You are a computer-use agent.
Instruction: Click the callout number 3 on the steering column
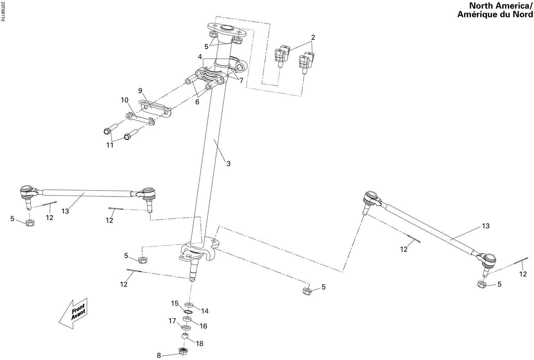tap(229, 164)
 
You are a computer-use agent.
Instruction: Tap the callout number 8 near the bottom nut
tap(159, 355)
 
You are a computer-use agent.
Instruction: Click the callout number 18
tap(199, 343)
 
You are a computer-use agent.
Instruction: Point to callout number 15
tap(174, 303)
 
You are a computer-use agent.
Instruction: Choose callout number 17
tap(172, 321)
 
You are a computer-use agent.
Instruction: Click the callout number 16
tap(203, 326)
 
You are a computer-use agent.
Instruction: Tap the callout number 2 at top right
tap(313, 37)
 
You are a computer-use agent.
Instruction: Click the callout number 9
tap(140, 90)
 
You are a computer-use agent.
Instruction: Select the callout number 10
tap(124, 100)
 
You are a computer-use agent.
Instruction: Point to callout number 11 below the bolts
tap(110, 145)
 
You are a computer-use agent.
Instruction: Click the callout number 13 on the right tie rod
tap(486, 226)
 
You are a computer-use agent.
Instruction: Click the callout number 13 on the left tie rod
tap(65, 211)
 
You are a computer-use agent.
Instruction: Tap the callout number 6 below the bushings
tap(197, 102)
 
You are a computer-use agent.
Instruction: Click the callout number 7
tap(241, 80)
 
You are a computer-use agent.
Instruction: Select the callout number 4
tap(200, 57)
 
